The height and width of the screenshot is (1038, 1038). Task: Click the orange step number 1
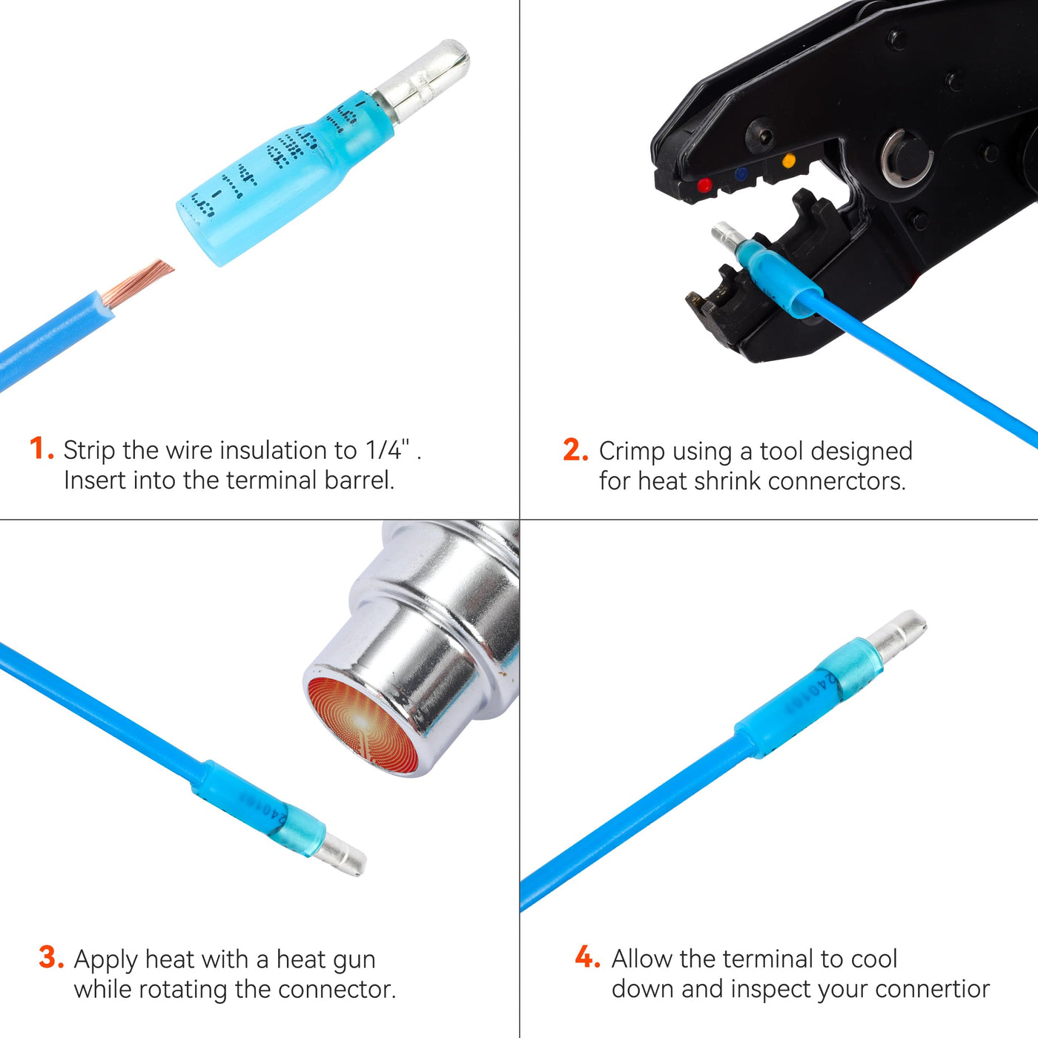coord(42,449)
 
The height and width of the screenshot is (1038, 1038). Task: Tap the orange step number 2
coord(575,450)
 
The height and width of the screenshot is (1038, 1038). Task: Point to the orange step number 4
coord(587,957)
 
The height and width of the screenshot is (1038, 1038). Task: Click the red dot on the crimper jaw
coord(704,186)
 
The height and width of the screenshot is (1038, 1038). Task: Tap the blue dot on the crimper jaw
coord(741,173)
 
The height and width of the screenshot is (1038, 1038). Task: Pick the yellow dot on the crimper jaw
coord(789,160)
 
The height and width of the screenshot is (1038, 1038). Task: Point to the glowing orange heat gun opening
coord(362,724)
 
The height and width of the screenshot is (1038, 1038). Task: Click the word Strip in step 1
coord(89,450)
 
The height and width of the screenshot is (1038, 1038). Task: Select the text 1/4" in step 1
coord(388,449)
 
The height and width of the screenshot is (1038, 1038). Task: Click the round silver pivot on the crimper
coord(907,159)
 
